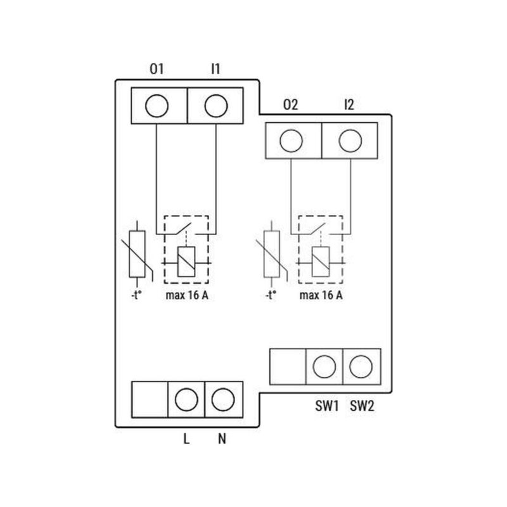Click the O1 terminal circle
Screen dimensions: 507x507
click(157, 106)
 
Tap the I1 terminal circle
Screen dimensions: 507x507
click(216, 106)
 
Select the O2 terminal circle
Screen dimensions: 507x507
click(291, 141)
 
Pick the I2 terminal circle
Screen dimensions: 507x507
click(350, 141)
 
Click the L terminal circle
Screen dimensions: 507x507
click(186, 400)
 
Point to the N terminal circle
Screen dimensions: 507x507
click(223, 400)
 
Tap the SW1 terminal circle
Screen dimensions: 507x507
click(324, 366)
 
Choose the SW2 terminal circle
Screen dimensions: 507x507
click(361, 366)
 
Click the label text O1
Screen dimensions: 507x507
click(157, 69)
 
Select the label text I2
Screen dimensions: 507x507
click(349, 105)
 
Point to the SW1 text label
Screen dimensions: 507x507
click(327, 406)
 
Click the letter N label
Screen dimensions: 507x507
click(222, 439)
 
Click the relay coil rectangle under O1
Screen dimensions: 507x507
click(186, 262)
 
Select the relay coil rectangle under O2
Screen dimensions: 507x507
click(321, 262)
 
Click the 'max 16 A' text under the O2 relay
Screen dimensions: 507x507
click(321, 295)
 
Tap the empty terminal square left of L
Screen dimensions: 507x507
click(150, 400)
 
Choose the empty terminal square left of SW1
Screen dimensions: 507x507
click(288, 367)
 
